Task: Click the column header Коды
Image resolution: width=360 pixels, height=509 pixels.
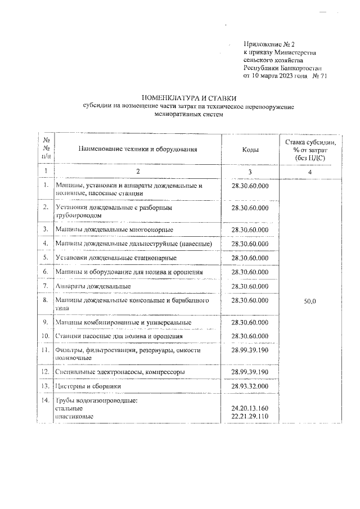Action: [250, 150]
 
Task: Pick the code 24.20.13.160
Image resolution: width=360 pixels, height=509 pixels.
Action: [250, 407]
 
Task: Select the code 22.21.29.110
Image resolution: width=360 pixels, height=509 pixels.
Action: [250, 416]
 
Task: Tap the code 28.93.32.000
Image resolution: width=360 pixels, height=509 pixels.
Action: [250, 386]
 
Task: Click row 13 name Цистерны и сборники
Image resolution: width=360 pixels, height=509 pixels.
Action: [89, 386]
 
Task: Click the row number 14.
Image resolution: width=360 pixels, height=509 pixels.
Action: [44, 399]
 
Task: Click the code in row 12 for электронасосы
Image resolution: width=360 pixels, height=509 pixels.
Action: [250, 372]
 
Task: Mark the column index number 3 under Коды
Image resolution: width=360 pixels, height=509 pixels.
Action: [250, 171]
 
